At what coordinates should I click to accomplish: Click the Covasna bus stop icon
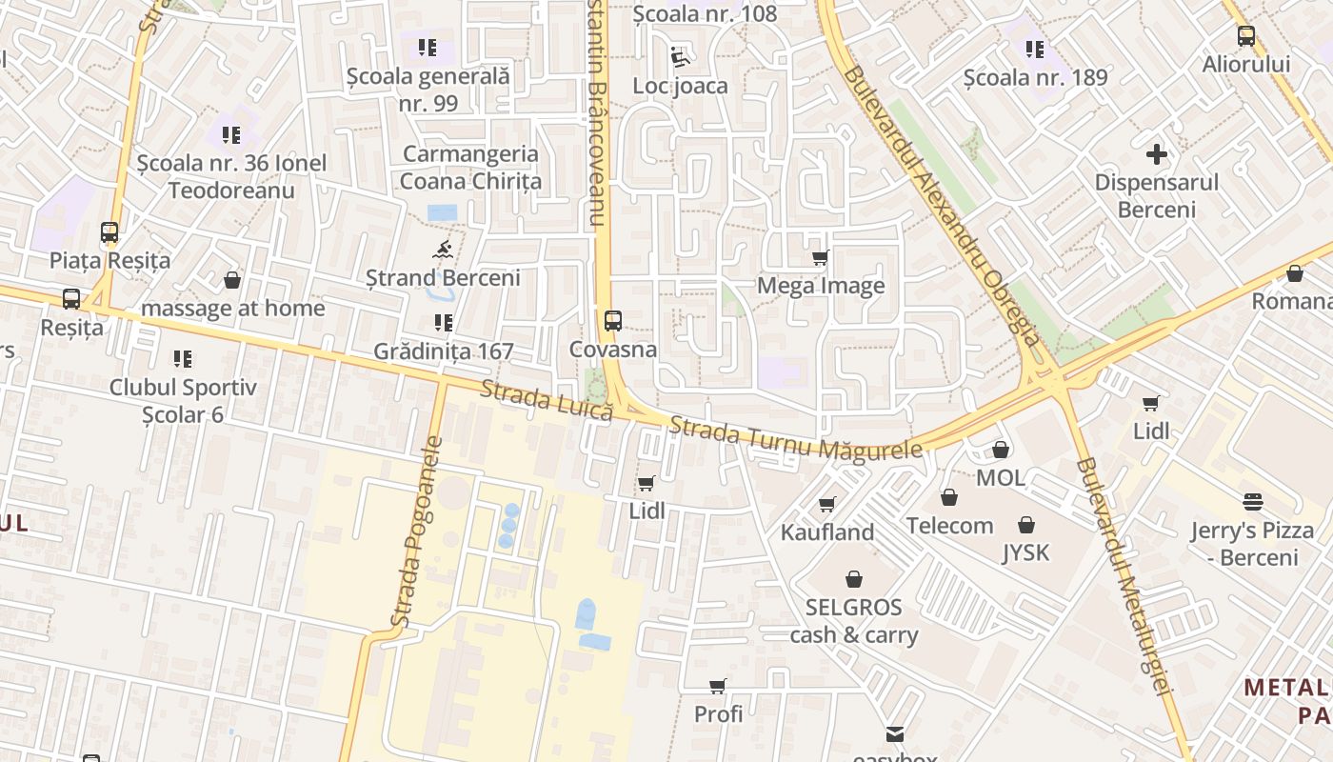click(613, 321)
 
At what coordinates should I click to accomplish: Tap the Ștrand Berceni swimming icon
click(443, 251)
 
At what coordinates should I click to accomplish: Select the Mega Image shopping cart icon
click(820, 257)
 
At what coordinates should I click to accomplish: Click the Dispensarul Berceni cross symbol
click(1157, 154)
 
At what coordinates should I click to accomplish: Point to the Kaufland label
click(826, 532)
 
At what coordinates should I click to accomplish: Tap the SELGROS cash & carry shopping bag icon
click(854, 578)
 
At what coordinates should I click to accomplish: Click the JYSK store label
click(1025, 552)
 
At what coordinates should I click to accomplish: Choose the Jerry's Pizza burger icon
click(1252, 502)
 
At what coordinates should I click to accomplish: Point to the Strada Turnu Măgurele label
click(796, 437)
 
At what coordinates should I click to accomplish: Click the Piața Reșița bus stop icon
click(109, 232)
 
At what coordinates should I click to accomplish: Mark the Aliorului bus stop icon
click(1245, 36)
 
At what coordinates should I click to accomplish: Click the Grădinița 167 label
click(443, 351)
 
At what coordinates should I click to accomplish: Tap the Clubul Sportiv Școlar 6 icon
click(182, 359)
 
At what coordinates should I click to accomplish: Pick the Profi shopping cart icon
click(718, 687)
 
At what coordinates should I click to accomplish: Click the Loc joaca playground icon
click(680, 58)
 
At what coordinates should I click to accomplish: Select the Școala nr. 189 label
click(1035, 77)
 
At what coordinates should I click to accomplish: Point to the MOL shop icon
click(1000, 450)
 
